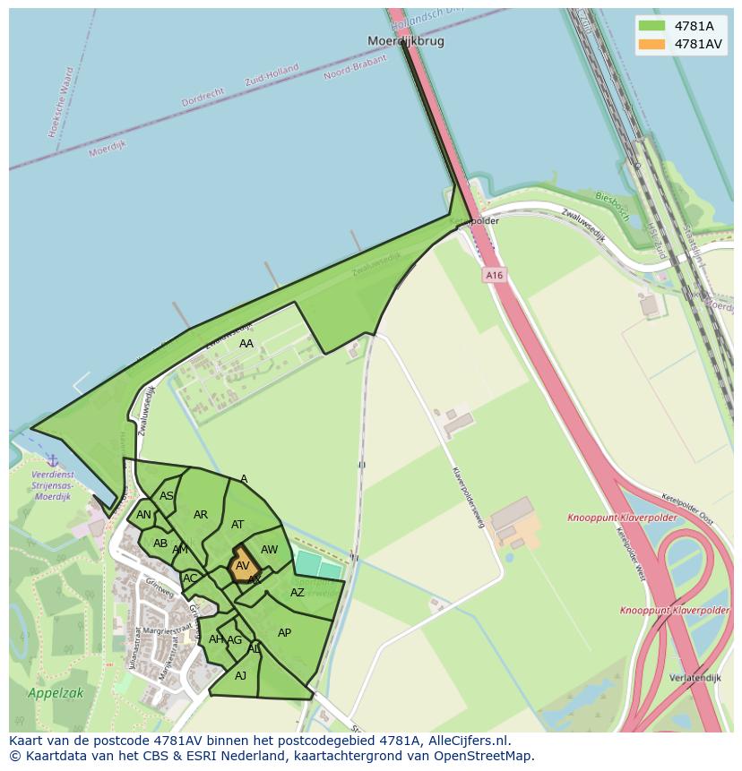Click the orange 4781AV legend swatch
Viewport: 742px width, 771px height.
(x=651, y=44)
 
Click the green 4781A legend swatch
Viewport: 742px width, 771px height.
(x=651, y=26)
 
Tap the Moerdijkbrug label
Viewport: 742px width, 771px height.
(x=406, y=41)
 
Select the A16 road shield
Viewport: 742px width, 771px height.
(x=495, y=276)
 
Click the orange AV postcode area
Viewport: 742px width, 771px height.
(x=243, y=565)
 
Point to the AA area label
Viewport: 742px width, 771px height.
(x=246, y=344)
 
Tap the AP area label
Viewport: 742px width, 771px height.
(x=284, y=633)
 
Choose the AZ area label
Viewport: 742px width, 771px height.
(x=298, y=593)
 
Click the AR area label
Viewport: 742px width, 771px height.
(x=201, y=515)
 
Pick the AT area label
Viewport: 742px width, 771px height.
(x=237, y=525)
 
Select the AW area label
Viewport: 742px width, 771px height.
(x=269, y=550)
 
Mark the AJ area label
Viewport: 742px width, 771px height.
(x=240, y=676)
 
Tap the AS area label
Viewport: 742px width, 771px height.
(x=167, y=496)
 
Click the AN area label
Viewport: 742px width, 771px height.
(x=143, y=515)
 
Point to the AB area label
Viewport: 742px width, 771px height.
(x=160, y=544)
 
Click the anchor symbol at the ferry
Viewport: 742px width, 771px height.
(x=53, y=460)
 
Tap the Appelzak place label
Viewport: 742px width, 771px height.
(x=56, y=693)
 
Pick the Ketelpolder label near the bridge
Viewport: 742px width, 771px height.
(x=474, y=221)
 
